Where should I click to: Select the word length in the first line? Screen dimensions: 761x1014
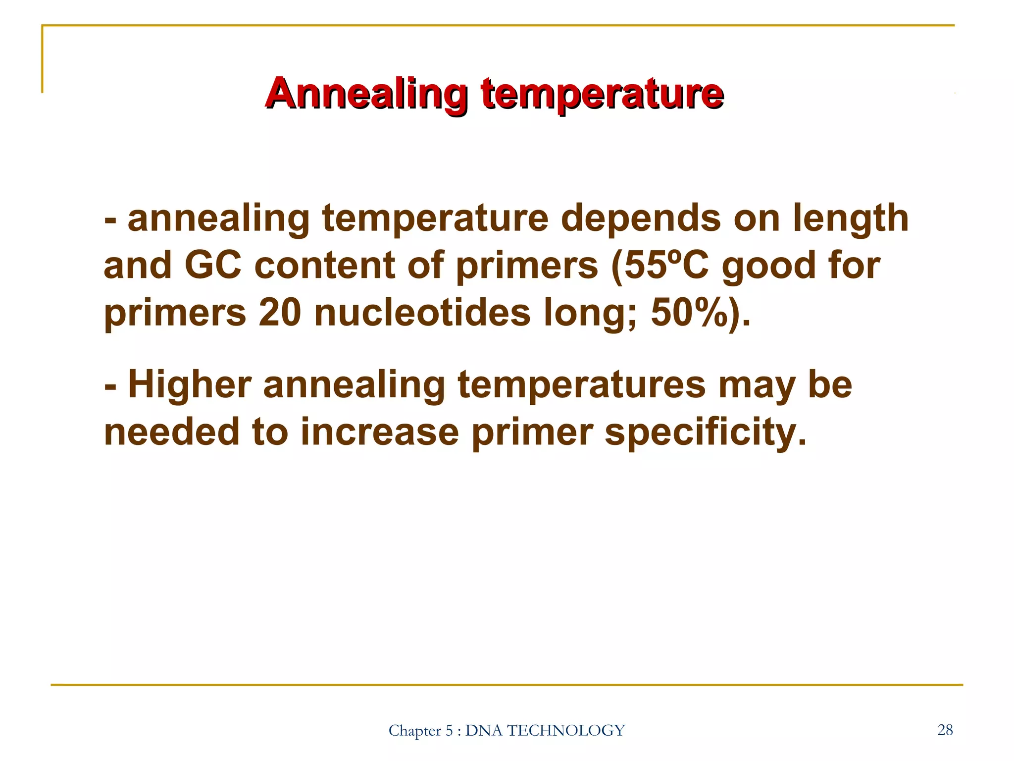point(851,219)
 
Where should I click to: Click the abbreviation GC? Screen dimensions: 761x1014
point(213,265)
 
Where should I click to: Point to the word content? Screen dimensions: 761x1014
point(324,265)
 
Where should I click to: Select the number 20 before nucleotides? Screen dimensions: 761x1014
point(280,313)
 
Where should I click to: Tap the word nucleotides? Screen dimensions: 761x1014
point(422,313)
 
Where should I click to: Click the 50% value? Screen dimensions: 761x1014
point(693,313)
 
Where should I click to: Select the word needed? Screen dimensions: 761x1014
point(171,432)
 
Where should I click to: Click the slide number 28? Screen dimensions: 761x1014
point(945,730)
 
